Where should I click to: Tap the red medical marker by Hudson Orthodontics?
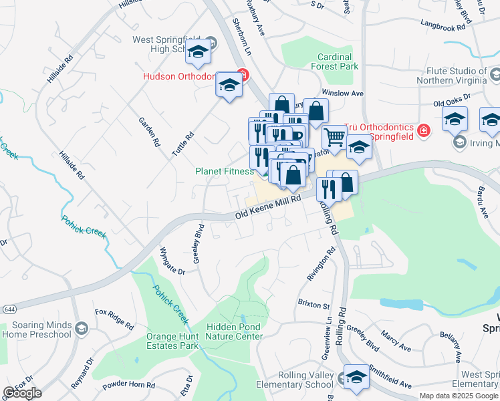[x=243, y=76]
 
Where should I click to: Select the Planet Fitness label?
[x=225, y=171]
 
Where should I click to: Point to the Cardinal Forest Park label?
[x=338, y=61]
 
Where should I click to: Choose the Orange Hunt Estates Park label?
[x=172, y=341]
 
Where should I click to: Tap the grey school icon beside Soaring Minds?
[x=82, y=328]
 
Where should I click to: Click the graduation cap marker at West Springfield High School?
[x=198, y=51]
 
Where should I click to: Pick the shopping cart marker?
[x=334, y=138]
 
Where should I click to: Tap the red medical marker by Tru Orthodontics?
[x=422, y=130]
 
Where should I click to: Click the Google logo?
[x=22, y=393]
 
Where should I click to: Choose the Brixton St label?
[x=314, y=305]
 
